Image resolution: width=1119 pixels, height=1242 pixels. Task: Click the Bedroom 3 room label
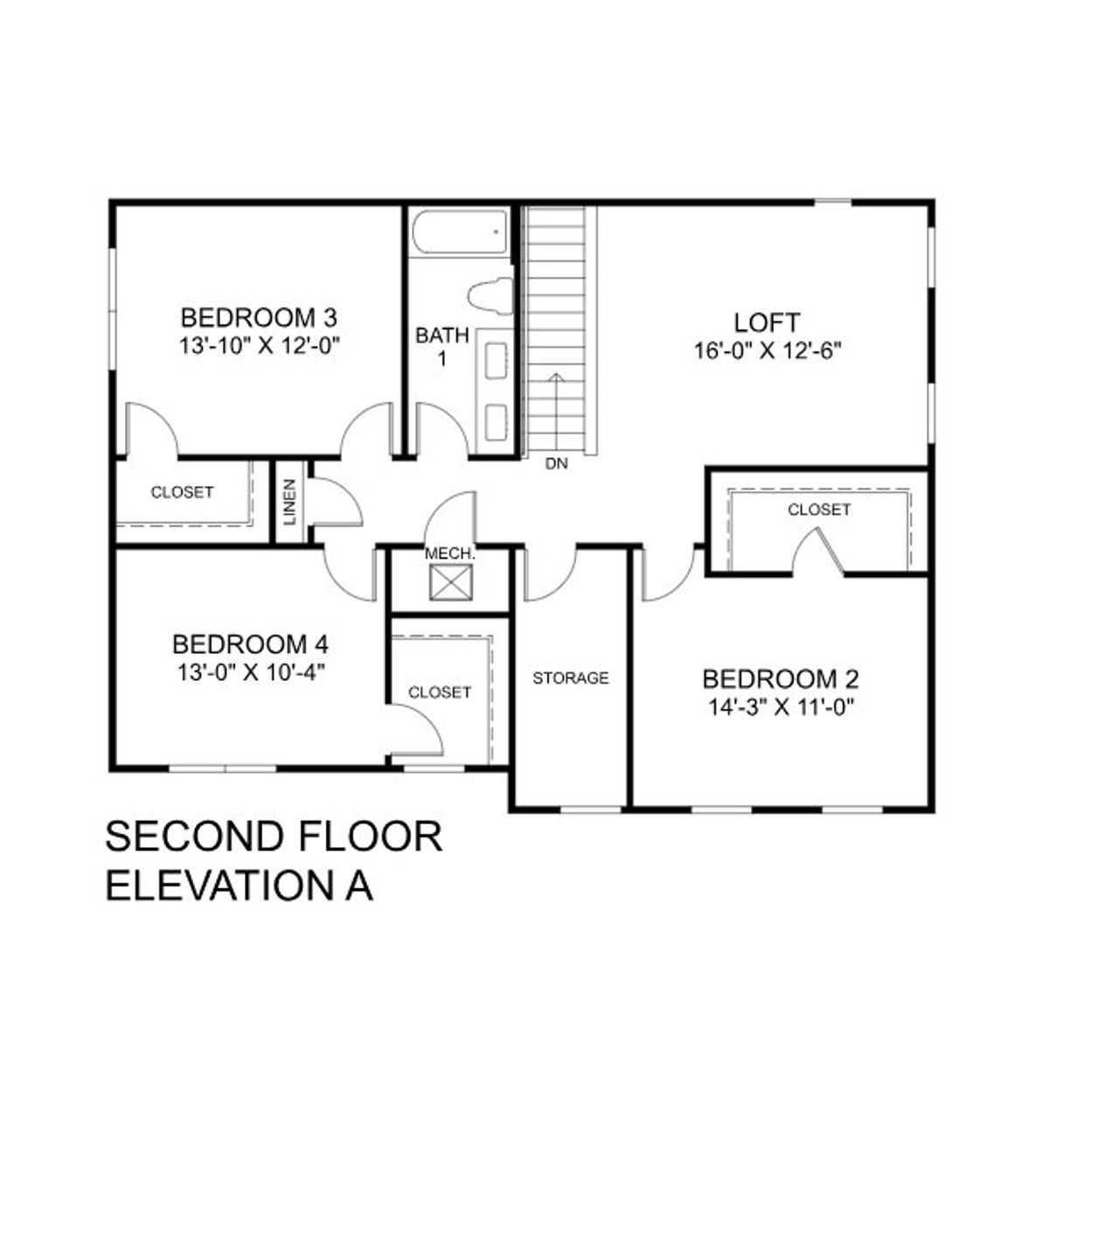click(x=259, y=316)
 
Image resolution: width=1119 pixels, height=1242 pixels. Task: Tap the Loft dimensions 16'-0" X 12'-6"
click(x=767, y=351)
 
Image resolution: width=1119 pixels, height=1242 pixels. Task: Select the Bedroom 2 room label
click(x=781, y=679)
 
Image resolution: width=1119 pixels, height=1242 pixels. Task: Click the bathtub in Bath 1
click(x=459, y=232)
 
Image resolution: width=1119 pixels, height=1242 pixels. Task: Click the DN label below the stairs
click(x=556, y=464)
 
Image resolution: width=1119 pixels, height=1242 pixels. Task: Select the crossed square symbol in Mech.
click(x=451, y=583)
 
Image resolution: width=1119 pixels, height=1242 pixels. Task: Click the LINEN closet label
click(x=290, y=503)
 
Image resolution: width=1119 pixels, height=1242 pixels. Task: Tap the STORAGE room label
click(x=571, y=678)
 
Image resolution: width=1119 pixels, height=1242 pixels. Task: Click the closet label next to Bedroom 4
click(x=440, y=692)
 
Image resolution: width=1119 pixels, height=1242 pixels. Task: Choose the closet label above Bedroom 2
click(x=819, y=510)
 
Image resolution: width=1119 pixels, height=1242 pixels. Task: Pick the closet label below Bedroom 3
click(x=182, y=493)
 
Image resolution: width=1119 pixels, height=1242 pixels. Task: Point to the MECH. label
click(x=450, y=554)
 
